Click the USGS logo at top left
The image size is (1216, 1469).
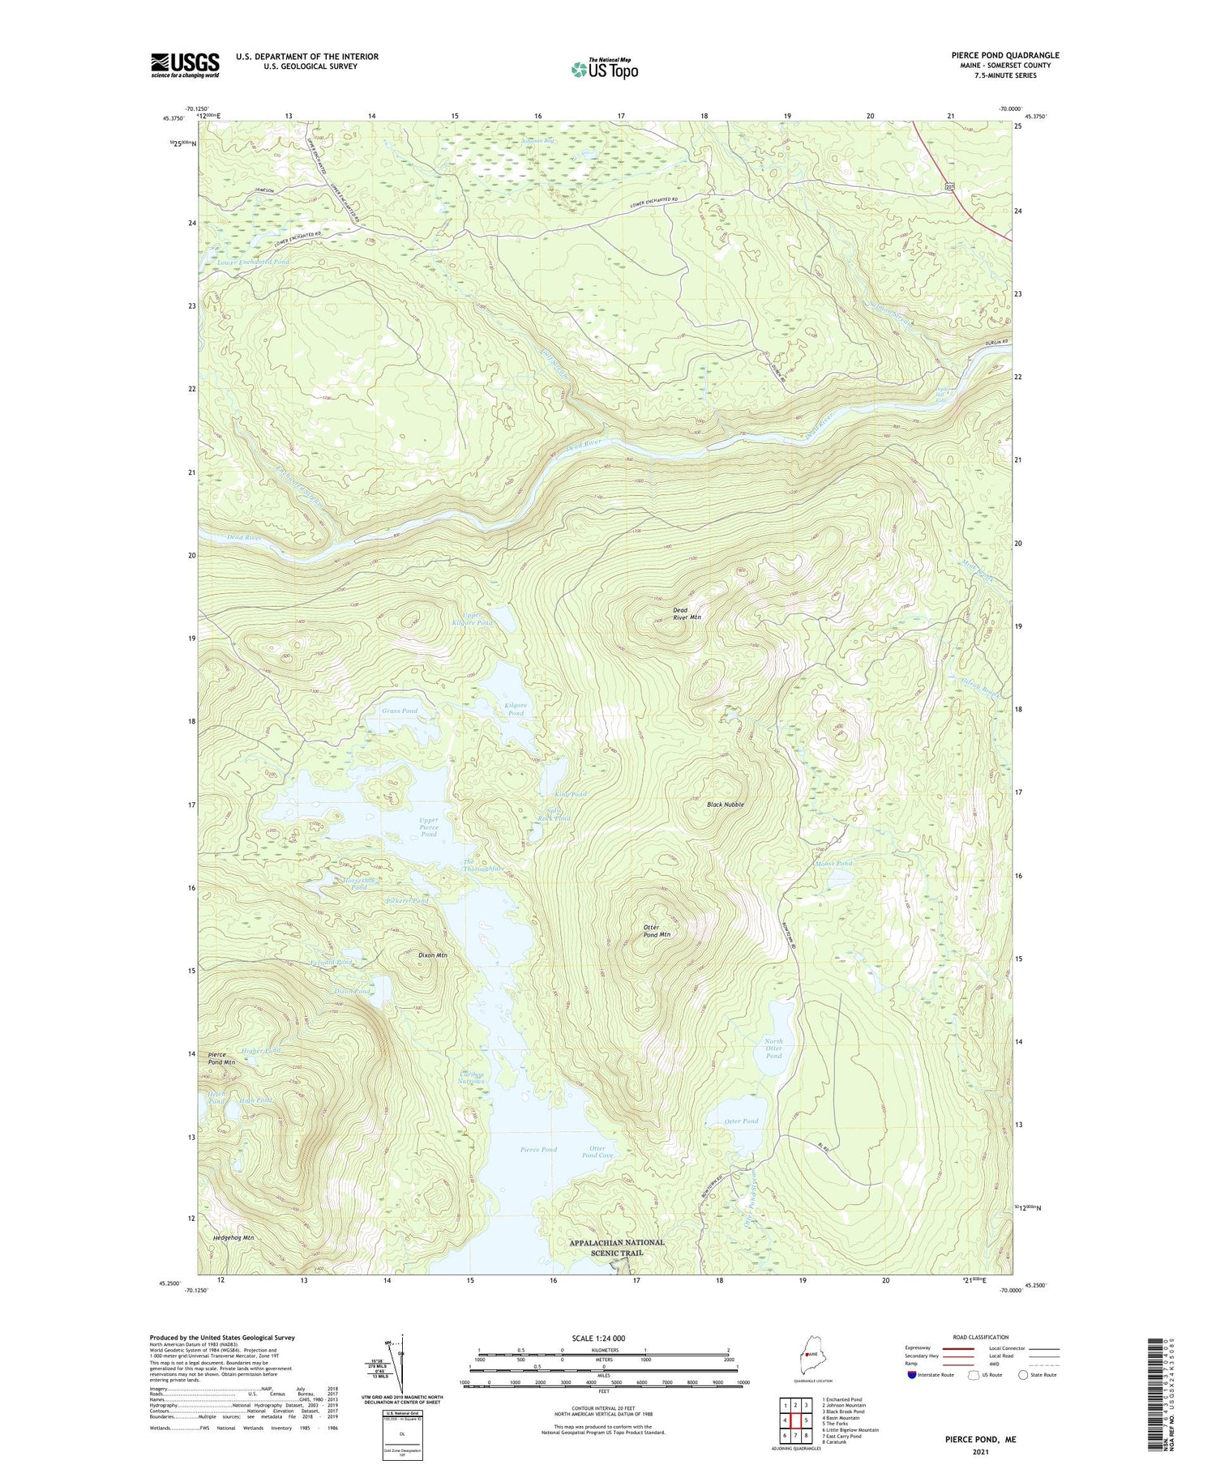pyautogui.click(x=185, y=65)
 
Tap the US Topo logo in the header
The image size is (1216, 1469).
pyautogui.click(x=605, y=69)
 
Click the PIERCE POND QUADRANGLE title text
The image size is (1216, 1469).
pyautogui.click(x=994, y=55)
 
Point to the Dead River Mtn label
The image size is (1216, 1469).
pyautogui.click(x=686, y=613)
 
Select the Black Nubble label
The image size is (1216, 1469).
pyautogui.click(x=725, y=805)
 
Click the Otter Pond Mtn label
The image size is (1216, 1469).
pyautogui.click(x=657, y=931)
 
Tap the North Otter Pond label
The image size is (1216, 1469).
pyautogui.click(x=773, y=1048)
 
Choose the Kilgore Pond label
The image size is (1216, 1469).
pyautogui.click(x=516, y=709)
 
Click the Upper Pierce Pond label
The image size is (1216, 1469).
pyautogui.click(x=428, y=826)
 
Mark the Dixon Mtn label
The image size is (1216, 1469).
pyautogui.click(x=432, y=955)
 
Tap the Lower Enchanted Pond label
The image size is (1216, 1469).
pyautogui.click(x=253, y=262)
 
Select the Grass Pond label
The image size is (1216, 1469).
pyautogui.click(x=400, y=711)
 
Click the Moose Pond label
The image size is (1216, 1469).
pyautogui.click(x=834, y=864)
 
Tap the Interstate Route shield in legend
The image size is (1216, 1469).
pyautogui.click(x=911, y=1375)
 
